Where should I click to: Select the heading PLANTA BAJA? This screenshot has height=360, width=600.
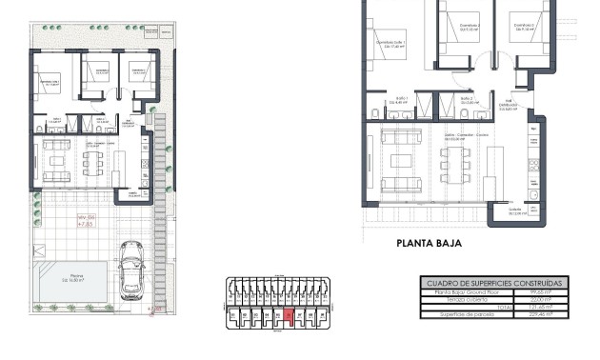[430, 244]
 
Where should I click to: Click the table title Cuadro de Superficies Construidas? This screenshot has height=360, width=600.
[493, 283]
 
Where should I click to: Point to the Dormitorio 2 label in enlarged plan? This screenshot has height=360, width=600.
[466, 29]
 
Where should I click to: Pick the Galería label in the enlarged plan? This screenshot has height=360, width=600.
[515, 213]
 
